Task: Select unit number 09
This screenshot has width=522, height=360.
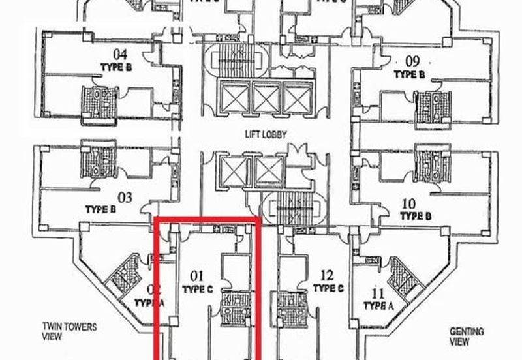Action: click(412, 62)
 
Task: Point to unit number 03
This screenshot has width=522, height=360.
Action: click(125, 197)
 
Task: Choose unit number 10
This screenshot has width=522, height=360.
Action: click(410, 203)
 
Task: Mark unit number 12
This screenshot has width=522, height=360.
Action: click(327, 275)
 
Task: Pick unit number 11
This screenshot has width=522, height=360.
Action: click(377, 293)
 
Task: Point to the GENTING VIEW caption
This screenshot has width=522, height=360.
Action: click(467, 337)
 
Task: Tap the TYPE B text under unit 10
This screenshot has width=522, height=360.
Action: click(416, 216)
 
